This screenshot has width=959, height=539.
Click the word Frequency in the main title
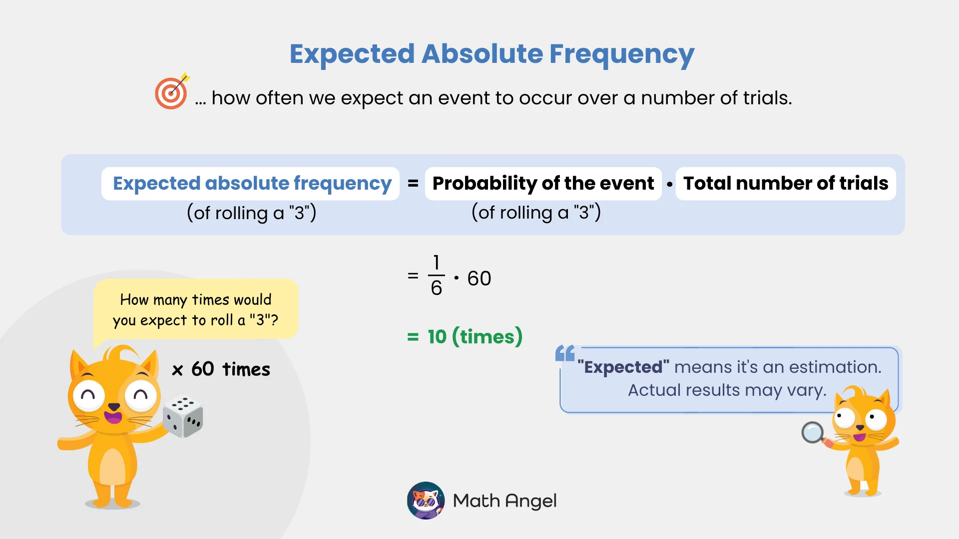pyautogui.click(x=621, y=54)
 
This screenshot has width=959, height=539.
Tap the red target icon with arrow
pyautogui.click(x=171, y=93)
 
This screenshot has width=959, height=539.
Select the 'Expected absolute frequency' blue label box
pyautogui.click(x=251, y=184)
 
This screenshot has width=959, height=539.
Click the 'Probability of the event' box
pyautogui.click(x=543, y=184)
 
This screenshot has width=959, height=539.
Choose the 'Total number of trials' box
pyautogui.click(x=785, y=184)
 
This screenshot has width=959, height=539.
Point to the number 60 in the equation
pyautogui.click(x=479, y=278)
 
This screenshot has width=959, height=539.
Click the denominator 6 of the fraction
pyautogui.click(x=436, y=288)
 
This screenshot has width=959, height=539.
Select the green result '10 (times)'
pyautogui.click(x=474, y=337)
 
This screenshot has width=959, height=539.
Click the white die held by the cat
pyautogui.click(x=183, y=416)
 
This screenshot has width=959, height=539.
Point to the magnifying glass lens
pyautogui.click(x=812, y=432)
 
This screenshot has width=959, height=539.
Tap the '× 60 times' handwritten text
pyautogui.click(x=221, y=370)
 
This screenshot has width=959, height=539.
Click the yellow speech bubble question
pyautogui.click(x=195, y=309)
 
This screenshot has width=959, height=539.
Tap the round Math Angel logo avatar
pyautogui.click(x=426, y=500)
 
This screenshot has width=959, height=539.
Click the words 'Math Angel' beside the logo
pyautogui.click(x=504, y=501)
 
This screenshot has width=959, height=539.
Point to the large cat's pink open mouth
pyautogui.click(x=113, y=416)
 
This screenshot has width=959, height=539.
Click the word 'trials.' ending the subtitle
pyautogui.click(x=767, y=98)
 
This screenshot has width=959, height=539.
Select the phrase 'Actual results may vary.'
pyautogui.click(x=727, y=390)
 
